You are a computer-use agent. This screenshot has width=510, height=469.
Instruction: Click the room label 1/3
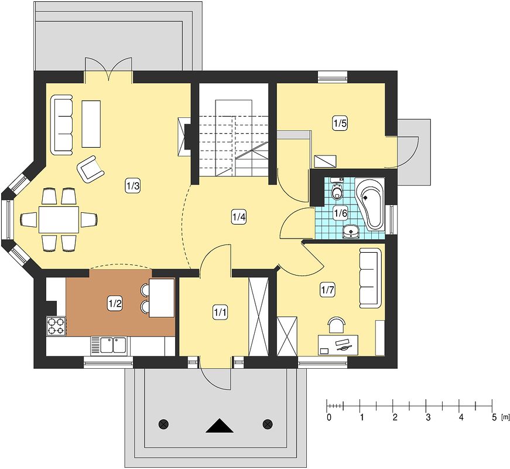coord(133,186)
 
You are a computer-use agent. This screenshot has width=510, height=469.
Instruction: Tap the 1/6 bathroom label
coord(341,213)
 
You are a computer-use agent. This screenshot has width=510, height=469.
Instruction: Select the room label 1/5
coord(340,124)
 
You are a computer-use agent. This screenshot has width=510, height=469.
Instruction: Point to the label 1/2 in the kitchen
coord(115,304)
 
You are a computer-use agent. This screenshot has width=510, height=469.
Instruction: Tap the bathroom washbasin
coord(351,231)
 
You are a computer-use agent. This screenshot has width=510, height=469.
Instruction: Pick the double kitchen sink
coord(113,345)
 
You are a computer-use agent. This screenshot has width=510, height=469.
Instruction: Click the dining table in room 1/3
coord(59,219)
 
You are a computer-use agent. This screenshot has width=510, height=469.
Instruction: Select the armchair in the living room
coord(91,168)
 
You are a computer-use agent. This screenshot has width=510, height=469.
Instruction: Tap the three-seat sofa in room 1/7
coord(370,278)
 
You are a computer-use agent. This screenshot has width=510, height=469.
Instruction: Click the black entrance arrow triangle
coord(220,426)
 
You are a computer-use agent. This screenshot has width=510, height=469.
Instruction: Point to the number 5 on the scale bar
coord(494,417)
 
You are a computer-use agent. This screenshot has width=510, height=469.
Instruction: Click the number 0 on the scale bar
coord(329,417)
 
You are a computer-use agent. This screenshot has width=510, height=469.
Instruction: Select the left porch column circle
coord(163,424)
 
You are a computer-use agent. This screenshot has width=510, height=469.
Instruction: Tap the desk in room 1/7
coord(338,345)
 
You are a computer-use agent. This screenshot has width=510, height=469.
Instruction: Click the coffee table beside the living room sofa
coord(91,124)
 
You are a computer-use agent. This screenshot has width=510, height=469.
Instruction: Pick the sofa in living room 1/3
coord(62,125)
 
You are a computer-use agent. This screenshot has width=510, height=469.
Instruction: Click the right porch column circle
coord(268,424)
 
